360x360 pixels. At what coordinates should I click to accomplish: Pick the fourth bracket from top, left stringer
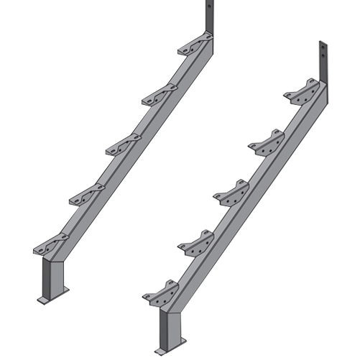pos(86,192)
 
